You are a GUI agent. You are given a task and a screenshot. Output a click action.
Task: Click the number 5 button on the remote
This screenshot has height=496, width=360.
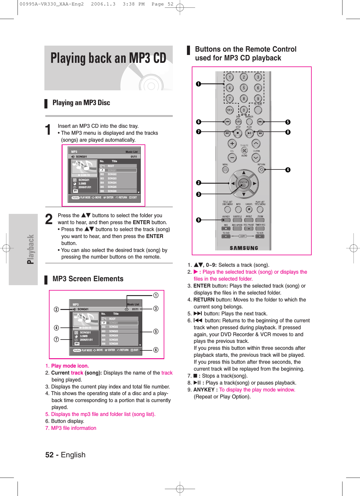[244, 88]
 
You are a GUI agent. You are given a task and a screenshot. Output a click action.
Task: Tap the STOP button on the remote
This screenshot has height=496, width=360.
[238, 133]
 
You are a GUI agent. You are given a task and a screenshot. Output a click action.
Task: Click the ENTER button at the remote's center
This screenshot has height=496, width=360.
[243, 183]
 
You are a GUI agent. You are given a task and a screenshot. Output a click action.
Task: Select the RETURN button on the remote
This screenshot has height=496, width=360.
[261, 170]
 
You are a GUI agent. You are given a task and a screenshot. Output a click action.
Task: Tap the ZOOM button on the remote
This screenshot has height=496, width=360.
[260, 220]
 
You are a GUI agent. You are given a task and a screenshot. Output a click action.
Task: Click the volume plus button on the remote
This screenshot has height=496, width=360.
[232, 143]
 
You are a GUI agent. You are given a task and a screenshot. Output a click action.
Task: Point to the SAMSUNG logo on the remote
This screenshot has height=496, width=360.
[244, 248]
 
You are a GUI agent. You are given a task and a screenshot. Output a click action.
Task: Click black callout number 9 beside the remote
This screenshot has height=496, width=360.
[198, 220]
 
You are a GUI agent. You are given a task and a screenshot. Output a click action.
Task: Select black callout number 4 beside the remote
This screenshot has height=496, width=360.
[288, 170]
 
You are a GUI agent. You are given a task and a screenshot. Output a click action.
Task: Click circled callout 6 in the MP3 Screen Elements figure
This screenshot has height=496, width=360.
[156, 350]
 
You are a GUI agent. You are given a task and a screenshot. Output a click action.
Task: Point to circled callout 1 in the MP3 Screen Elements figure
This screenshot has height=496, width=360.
[156, 295]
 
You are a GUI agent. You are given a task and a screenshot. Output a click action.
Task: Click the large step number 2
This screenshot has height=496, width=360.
[49, 220]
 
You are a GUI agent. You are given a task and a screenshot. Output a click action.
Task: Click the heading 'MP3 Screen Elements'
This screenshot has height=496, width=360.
[88, 279]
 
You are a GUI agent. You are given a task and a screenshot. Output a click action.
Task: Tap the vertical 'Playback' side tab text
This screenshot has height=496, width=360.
[31, 249]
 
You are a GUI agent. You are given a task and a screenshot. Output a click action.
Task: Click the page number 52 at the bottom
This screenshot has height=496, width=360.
[50, 455]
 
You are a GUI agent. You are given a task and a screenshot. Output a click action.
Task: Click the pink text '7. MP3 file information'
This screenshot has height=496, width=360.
[71, 428]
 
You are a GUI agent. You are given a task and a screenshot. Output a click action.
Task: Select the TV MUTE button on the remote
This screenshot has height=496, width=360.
[244, 150]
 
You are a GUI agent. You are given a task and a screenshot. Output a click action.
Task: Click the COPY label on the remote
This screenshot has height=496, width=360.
[243, 236]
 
